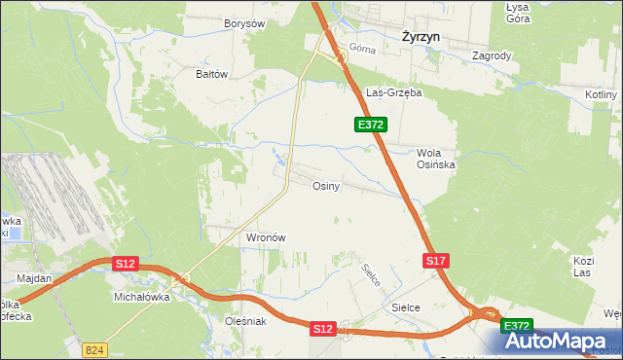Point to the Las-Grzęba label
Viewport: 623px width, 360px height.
click(393, 93)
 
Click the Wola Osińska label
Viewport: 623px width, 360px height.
click(436, 159)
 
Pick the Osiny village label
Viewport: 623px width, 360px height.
click(325, 186)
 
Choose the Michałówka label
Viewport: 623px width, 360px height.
click(142, 297)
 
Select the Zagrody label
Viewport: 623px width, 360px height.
click(492, 55)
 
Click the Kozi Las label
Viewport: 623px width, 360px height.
click(583, 268)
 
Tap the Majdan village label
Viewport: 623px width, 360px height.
click(34, 278)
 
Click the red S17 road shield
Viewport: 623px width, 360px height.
click(435, 261)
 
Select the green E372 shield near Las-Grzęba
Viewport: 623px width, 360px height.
click(371, 125)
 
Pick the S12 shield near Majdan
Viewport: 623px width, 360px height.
click(125, 264)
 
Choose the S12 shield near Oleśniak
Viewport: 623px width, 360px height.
click(323, 330)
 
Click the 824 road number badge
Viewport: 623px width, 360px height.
click(93, 347)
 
